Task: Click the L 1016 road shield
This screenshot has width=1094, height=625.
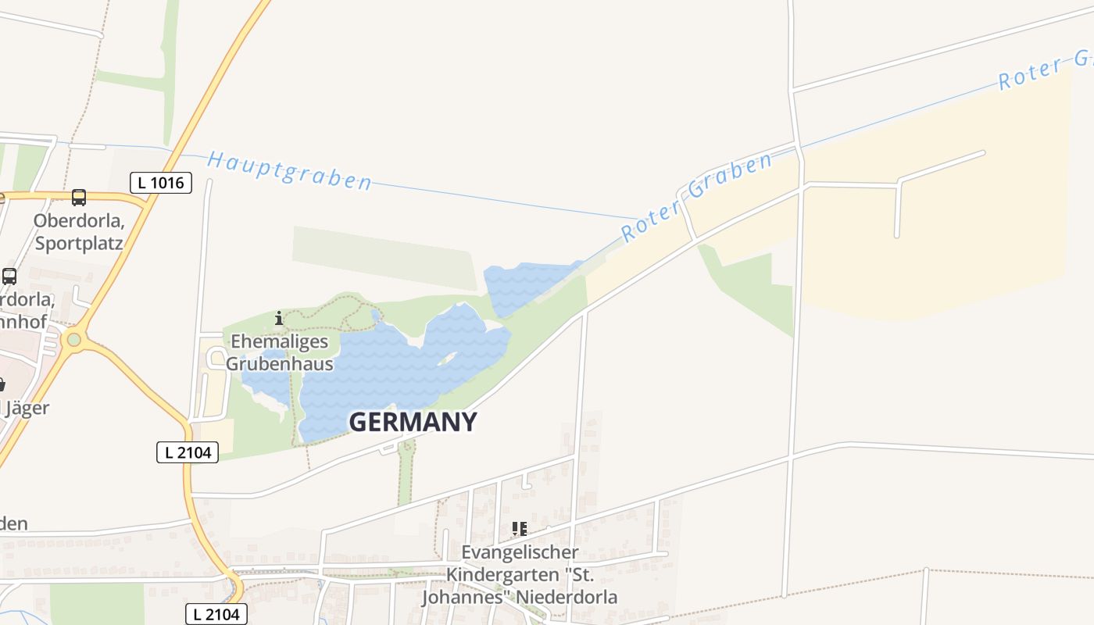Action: [160, 184]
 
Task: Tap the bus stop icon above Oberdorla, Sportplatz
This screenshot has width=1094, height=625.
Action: [79, 197]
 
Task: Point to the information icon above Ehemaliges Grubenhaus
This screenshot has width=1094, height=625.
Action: [279, 318]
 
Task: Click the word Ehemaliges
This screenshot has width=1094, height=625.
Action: [279, 342]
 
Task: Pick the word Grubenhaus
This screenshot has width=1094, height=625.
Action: [279, 364]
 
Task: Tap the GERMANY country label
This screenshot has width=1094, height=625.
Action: [413, 423]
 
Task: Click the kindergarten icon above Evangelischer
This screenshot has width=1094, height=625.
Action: [519, 530]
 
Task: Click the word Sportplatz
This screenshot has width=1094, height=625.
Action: [79, 243]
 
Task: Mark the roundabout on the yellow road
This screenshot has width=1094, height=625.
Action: [74, 339]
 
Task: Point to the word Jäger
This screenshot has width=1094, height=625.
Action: [28, 408]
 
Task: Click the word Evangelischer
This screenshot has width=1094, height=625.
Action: [520, 552]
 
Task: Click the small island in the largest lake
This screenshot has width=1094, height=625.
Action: [446, 359]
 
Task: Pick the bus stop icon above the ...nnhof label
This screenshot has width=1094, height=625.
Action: [9, 277]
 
